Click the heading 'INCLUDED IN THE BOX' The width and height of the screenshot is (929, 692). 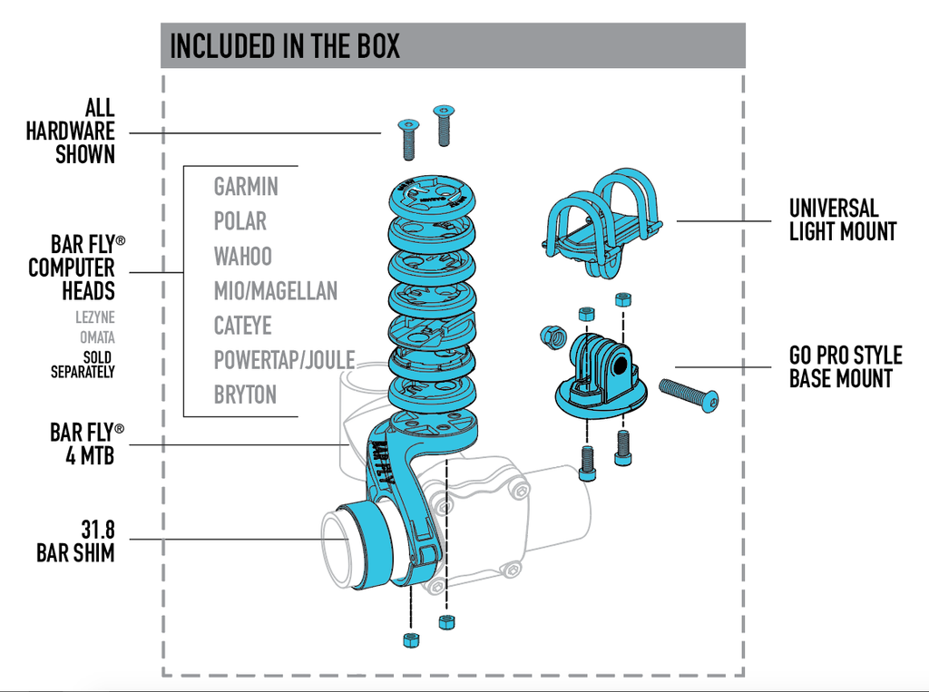pyautogui.click(x=284, y=46)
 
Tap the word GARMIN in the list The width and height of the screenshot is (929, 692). pyautogui.click(x=246, y=187)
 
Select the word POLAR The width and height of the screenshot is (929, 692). pyautogui.click(x=240, y=221)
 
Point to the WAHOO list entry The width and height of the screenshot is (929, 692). pyautogui.click(x=243, y=256)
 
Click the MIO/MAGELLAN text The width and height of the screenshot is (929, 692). pyautogui.click(x=276, y=291)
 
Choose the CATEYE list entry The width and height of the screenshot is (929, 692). pyautogui.click(x=243, y=326)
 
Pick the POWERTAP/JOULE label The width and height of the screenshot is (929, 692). pyautogui.click(x=284, y=360)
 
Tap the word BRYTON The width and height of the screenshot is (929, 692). pyautogui.click(x=245, y=395)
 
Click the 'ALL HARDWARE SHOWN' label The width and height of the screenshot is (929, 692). pyautogui.click(x=71, y=132)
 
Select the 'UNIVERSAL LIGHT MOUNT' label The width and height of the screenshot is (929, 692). pyautogui.click(x=843, y=219)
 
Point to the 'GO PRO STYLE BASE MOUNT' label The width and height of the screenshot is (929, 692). pyautogui.click(x=846, y=366)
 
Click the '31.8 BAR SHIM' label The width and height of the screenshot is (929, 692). pyautogui.click(x=76, y=541)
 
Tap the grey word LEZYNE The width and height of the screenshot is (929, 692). pyautogui.click(x=94, y=317)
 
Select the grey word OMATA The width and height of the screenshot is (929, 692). pyautogui.click(x=97, y=337)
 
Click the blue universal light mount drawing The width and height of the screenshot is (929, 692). pyautogui.click(x=601, y=222)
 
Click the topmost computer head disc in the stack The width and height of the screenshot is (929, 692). pyautogui.click(x=433, y=199)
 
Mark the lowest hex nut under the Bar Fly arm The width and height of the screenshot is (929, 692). pyautogui.click(x=411, y=640)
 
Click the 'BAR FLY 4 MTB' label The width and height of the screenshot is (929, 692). pyautogui.click(x=87, y=444)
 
